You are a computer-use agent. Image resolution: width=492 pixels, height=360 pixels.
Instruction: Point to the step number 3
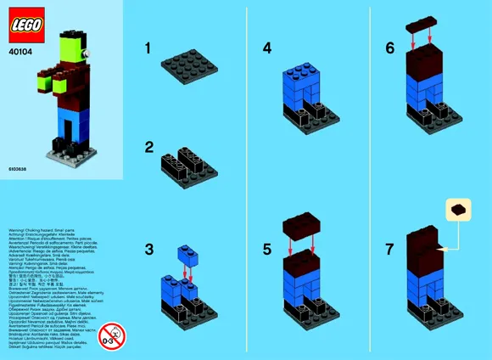(x=149, y=250)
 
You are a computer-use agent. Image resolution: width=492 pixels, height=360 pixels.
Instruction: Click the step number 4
(x=267, y=48)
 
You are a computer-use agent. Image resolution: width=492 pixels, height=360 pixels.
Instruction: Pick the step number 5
(x=267, y=250)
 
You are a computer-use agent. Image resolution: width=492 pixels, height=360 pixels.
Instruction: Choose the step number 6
(x=389, y=48)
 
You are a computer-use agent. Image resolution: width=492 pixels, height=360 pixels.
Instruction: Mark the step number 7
(x=389, y=250)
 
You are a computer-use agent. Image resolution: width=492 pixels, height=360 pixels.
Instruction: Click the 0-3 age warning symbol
(x=111, y=334)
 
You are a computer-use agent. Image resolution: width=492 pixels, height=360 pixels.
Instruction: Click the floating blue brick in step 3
(x=187, y=252)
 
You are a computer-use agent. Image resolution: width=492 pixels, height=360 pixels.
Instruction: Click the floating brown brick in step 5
(x=305, y=224)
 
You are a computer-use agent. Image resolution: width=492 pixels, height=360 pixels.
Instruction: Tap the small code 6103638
(x=16, y=170)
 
